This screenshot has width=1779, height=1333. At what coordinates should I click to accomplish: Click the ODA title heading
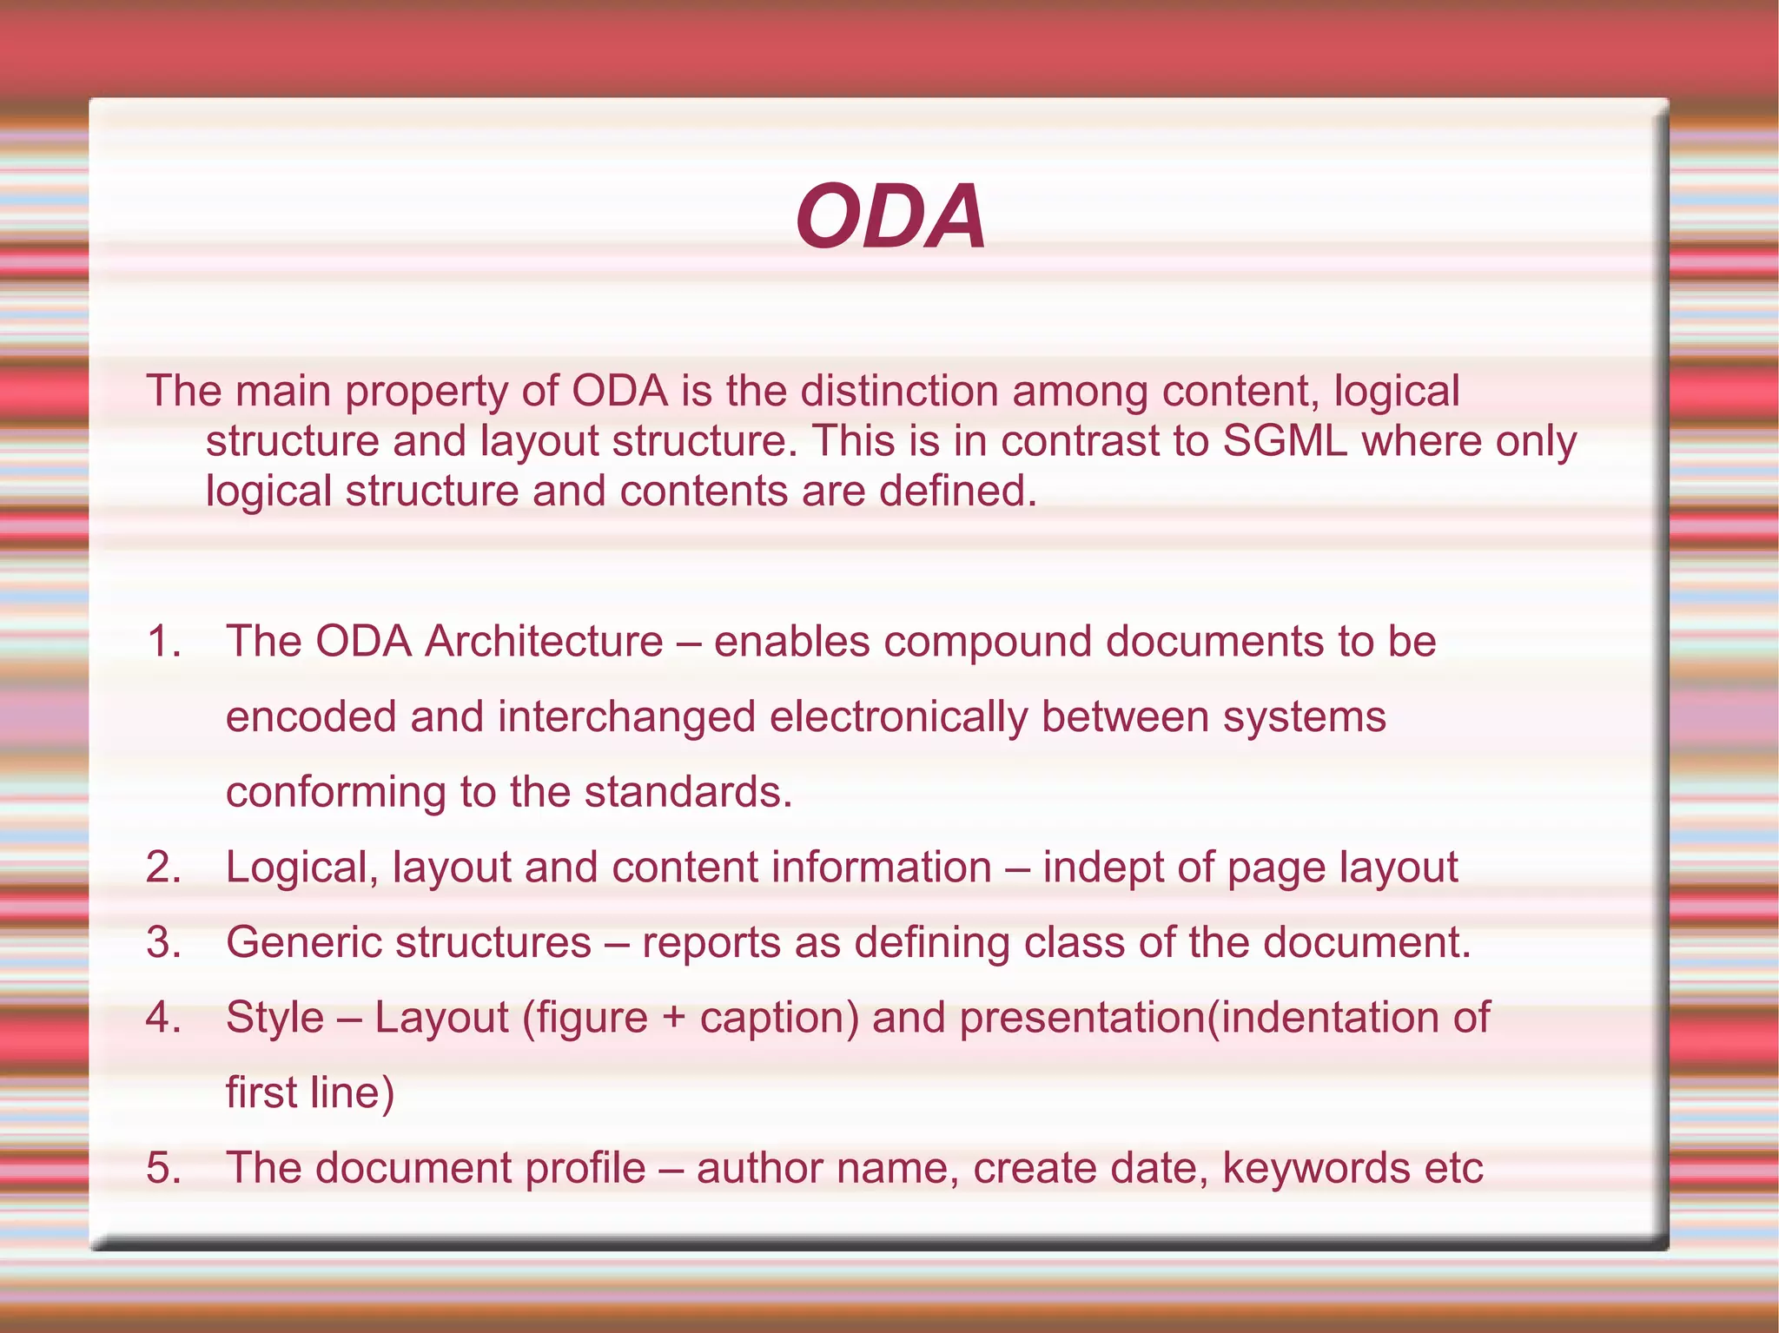(890, 217)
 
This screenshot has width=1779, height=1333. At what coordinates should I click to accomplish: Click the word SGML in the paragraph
(1285, 441)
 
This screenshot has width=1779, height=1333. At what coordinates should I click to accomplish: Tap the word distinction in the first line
(899, 392)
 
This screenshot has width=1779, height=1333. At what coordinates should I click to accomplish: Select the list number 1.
(163, 642)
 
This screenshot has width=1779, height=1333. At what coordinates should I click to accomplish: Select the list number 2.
(163, 868)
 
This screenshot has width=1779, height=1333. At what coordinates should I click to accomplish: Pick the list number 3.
(163, 942)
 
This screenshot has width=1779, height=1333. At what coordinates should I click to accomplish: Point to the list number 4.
(163, 1018)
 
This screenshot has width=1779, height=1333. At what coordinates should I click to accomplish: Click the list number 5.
(163, 1168)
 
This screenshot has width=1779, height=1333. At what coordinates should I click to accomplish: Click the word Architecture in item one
(544, 642)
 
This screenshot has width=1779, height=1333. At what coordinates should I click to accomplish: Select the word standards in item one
(688, 792)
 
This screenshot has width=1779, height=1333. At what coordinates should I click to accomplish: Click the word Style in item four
(274, 1018)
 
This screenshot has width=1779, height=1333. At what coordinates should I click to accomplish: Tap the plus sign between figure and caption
(674, 1019)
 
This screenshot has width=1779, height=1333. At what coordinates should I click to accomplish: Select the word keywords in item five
(1316, 1168)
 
